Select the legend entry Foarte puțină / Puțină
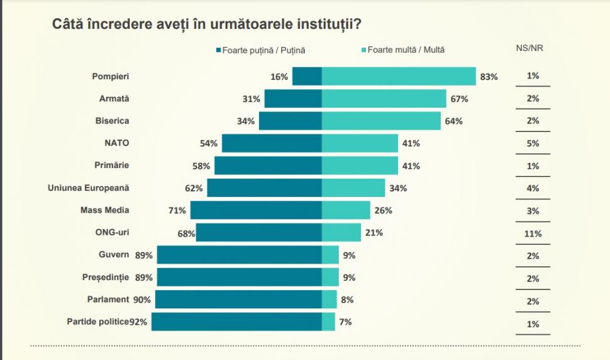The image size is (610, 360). coord(264,50)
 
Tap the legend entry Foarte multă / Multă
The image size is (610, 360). coord(406,50)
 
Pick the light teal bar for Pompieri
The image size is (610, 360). coord(399,76)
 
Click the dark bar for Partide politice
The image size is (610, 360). coord(236,322)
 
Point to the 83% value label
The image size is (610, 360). coord(489,77)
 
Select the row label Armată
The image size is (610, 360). coord(114,99)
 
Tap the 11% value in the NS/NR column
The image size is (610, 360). coord(533,233)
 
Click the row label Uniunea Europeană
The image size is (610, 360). coord(88,188)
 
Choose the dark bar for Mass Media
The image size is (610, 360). coord(256,210)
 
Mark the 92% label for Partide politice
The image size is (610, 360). coord(138,322)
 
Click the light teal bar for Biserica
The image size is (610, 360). coord(381,121)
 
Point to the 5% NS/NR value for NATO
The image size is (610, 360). coord(533,143)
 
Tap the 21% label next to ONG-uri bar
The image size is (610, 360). coord(374,233)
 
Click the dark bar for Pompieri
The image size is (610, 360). coord(307,76)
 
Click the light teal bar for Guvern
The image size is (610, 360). coord(330,255)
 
